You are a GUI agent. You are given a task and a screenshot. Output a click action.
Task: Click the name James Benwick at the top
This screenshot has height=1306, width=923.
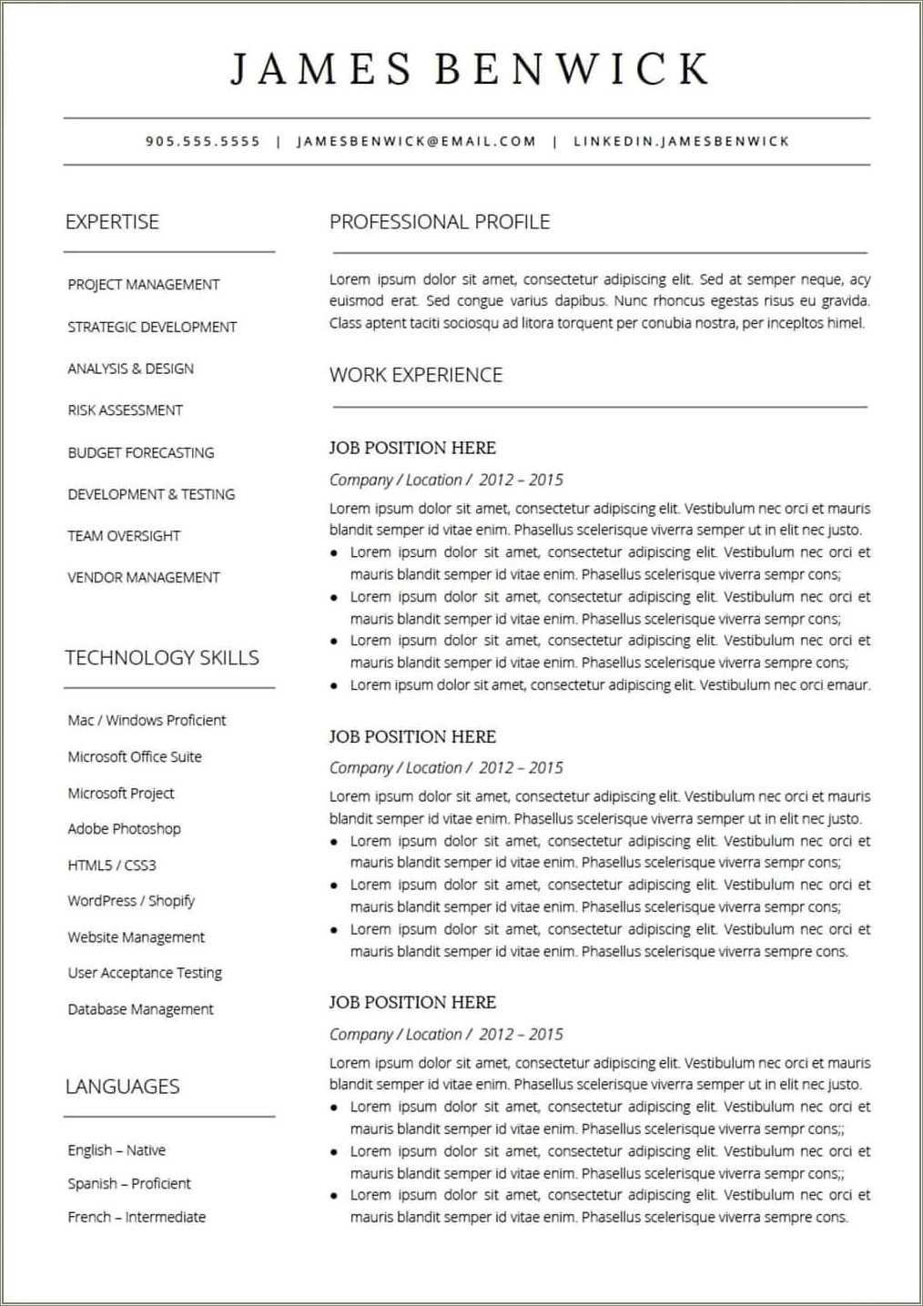469,69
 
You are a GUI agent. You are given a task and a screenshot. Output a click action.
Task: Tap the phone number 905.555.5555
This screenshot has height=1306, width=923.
203,141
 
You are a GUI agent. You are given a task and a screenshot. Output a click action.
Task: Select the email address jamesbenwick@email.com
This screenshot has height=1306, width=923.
417,141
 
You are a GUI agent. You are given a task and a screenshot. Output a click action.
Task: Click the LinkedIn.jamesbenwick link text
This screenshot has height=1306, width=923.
681,141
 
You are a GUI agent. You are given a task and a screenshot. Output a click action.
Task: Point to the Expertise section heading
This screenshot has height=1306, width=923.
112,221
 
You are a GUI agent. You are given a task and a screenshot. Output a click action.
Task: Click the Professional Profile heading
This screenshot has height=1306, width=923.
440,221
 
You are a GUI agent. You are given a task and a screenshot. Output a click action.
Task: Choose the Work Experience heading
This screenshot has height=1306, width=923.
416,375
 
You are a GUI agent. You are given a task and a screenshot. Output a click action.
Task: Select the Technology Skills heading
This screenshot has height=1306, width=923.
162,657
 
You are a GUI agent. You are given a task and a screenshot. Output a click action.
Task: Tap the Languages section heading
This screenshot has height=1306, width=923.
122,1086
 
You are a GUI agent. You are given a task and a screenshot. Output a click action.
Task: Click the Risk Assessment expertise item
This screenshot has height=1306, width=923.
125,410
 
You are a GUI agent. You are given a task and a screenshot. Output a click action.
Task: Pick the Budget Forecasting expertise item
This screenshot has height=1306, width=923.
141,452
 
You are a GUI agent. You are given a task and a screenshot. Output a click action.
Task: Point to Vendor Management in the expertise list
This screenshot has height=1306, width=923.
144,577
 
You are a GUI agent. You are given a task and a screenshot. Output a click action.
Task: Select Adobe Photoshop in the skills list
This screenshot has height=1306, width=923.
124,828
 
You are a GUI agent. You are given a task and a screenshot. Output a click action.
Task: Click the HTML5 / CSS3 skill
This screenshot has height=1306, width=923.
112,865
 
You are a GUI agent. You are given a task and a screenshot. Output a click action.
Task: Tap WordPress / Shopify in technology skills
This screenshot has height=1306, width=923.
131,900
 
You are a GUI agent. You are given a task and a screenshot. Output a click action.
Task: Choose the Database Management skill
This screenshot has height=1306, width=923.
140,1008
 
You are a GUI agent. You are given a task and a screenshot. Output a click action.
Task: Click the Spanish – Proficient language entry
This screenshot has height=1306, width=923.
129,1183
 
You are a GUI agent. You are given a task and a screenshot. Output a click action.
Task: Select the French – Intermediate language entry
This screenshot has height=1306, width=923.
137,1217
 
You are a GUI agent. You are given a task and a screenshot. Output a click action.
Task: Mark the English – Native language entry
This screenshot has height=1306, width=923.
117,1149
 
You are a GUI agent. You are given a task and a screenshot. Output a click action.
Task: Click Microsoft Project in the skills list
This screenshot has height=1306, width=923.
121,793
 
